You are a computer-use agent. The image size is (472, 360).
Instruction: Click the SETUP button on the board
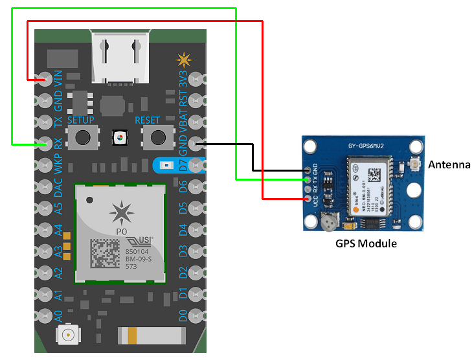click(82, 137)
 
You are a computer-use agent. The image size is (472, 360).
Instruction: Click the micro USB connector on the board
click(118, 54)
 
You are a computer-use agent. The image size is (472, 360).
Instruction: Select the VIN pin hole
click(45, 80)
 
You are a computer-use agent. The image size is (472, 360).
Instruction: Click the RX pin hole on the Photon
click(45, 144)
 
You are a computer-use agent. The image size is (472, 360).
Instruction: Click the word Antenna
click(449, 165)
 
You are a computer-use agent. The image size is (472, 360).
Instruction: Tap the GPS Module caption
click(366, 244)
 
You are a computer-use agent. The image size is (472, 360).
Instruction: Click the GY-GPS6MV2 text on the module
click(366, 146)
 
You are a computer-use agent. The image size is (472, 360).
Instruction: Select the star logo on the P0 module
click(119, 212)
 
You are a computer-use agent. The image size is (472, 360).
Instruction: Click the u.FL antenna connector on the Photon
click(67, 335)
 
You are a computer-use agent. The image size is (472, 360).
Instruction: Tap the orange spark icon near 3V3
click(185, 61)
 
